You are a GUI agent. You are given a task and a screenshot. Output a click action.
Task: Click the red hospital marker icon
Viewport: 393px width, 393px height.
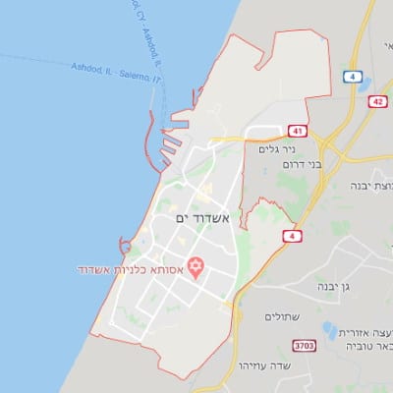[195, 265]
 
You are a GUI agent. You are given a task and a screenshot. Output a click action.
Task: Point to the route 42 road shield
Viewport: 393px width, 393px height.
[377, 101]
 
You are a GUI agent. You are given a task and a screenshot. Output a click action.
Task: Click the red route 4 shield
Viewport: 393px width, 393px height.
[291, 236]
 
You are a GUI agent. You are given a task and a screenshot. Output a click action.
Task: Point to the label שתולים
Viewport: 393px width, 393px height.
[284, 317]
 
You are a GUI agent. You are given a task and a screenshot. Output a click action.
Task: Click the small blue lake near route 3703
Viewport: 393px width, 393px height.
[328, 330]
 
